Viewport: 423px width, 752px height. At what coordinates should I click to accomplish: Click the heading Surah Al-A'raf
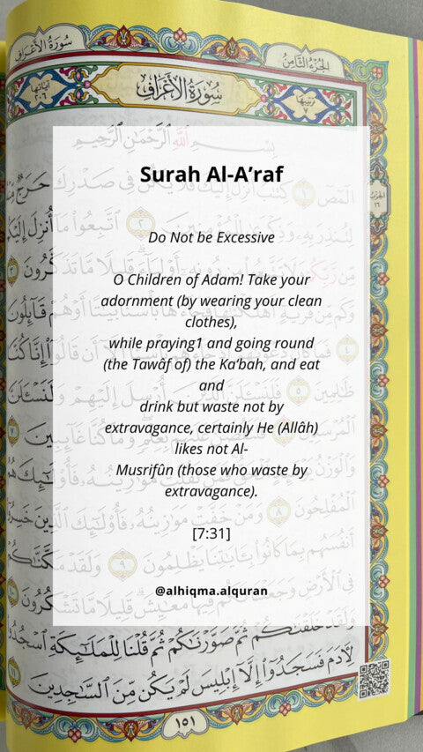211,175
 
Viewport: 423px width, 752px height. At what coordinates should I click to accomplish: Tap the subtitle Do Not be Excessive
211,238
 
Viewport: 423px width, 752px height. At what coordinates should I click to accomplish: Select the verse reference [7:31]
211,532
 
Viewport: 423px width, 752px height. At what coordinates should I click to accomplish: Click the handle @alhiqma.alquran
211,589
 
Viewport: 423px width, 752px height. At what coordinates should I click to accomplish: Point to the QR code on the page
374,679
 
